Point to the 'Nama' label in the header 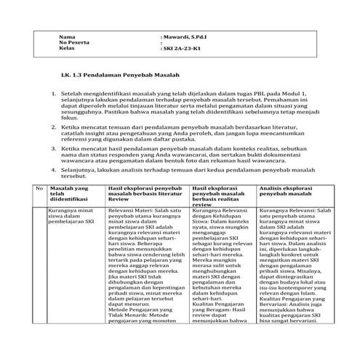tap(67, 36)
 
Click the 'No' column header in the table tap(39, 188)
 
